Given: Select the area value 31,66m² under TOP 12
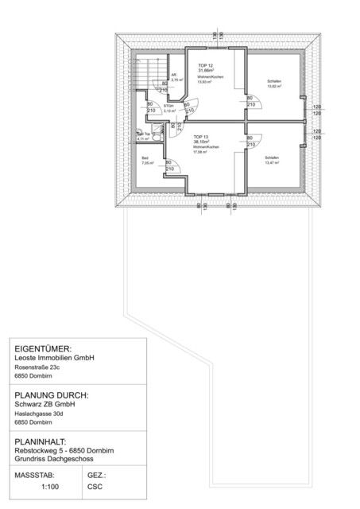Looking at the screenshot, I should tap(206, 70).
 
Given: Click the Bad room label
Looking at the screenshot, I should tap(145, 157).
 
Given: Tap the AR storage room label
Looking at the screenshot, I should tap(174, 76).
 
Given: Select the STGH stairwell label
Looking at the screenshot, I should tap(168, 105).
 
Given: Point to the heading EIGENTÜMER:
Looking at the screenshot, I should tap(44, 348).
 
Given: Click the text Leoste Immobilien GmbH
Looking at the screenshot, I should tap(55, 358).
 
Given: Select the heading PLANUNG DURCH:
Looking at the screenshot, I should tap(52, 394).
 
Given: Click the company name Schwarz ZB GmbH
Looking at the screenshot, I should tap(45, 404).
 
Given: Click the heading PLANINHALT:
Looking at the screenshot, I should tap(45, 441).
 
